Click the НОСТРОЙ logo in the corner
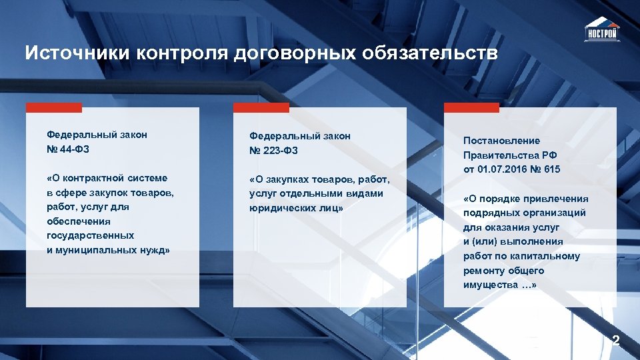tap(601, 30)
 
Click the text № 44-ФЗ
tap(67, 149)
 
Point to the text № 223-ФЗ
tap(273, 150)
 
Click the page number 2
tap(616, 341)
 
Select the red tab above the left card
tap(54, 107)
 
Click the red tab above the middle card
tap(261, 107)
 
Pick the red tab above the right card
tap(471, 107)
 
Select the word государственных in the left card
tap(90, 235)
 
